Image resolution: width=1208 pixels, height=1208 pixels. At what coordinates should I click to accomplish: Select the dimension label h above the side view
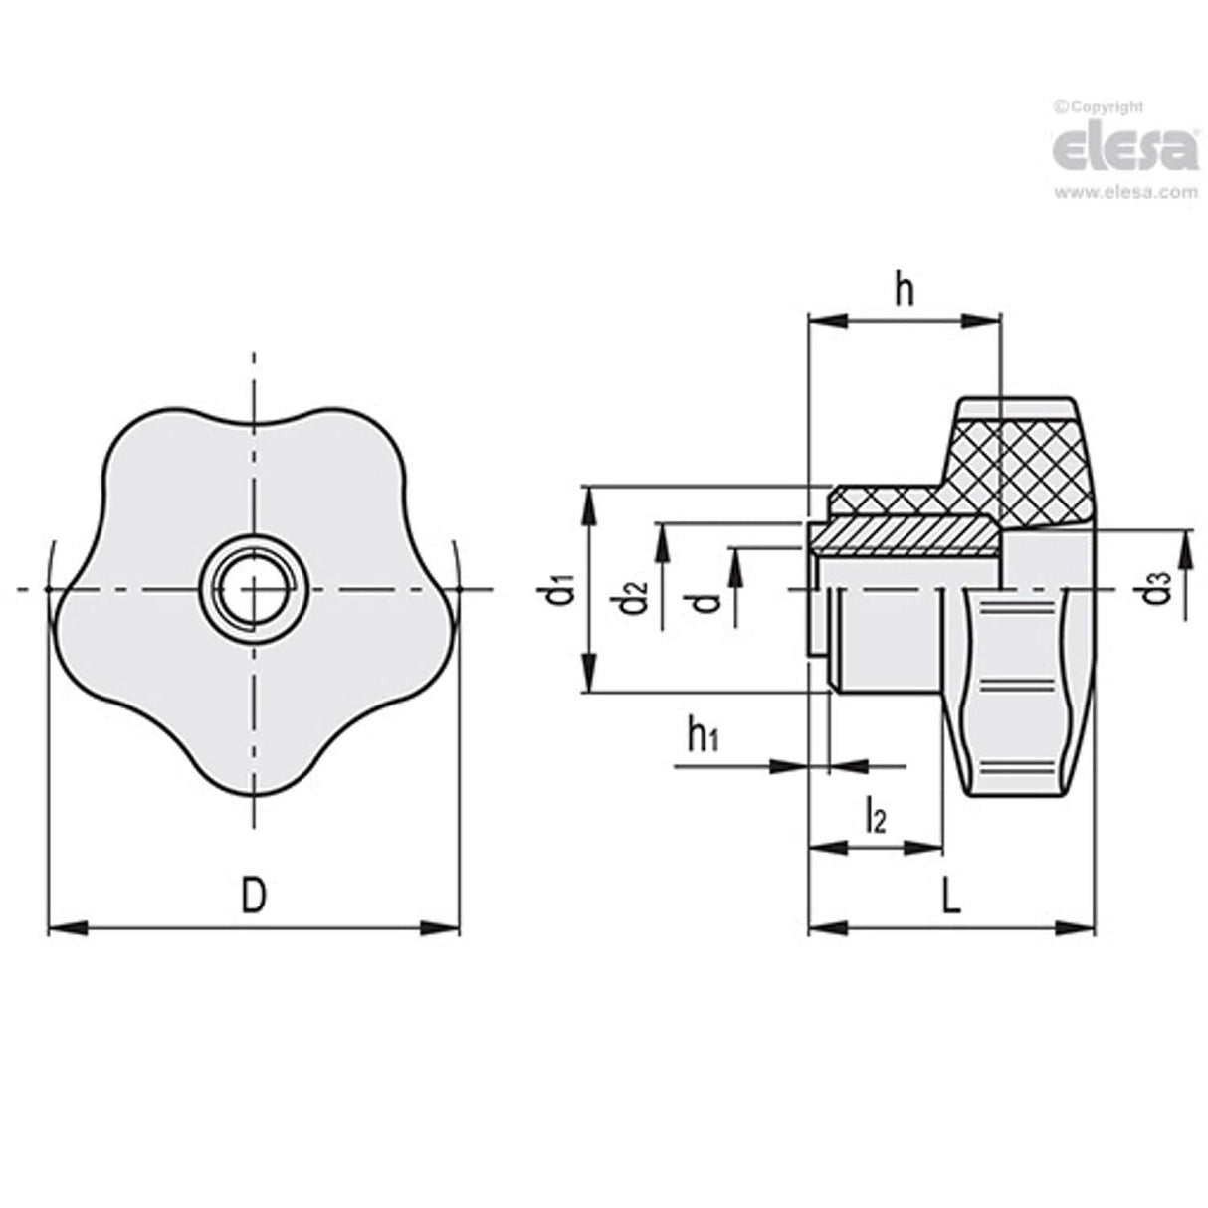(x=904, y=292)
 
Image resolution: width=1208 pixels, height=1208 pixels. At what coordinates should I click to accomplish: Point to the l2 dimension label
(x=875, y=816)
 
